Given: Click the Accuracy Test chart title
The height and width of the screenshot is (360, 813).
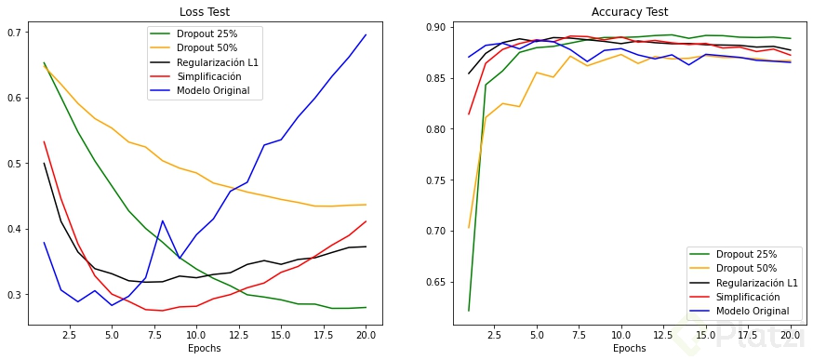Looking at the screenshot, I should pos(630,12).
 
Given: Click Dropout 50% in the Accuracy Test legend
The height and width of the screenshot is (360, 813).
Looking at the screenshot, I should pos(744,268).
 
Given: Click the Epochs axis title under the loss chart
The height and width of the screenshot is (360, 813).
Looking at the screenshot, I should pos(205,349).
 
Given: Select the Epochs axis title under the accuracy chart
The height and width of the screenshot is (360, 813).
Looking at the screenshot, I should pos(630,349).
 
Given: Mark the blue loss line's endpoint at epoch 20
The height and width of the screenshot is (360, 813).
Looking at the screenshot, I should pos(366,35).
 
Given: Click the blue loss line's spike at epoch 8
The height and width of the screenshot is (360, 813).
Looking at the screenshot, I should pos(163,221).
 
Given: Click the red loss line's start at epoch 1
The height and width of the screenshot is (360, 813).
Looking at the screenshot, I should pos(44,142).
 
